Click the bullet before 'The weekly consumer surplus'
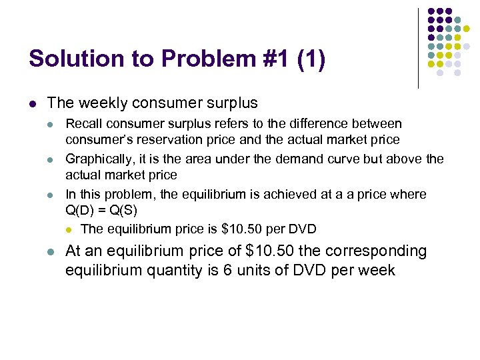[33, 103]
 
